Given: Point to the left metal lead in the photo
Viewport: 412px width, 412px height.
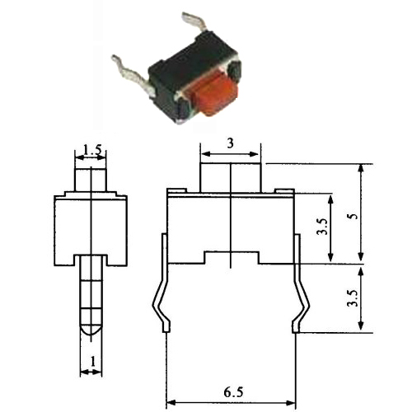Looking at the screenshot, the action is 130,75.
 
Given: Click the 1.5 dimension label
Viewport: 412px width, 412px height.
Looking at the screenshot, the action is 92,150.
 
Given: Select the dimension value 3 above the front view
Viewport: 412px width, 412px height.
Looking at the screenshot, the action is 231,143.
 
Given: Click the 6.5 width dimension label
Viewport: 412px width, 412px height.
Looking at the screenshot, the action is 233,392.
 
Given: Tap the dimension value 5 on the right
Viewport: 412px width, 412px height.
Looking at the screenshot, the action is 356,216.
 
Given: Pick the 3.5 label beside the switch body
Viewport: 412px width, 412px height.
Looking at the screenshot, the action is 322,227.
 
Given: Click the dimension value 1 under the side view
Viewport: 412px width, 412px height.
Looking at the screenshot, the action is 93,362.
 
